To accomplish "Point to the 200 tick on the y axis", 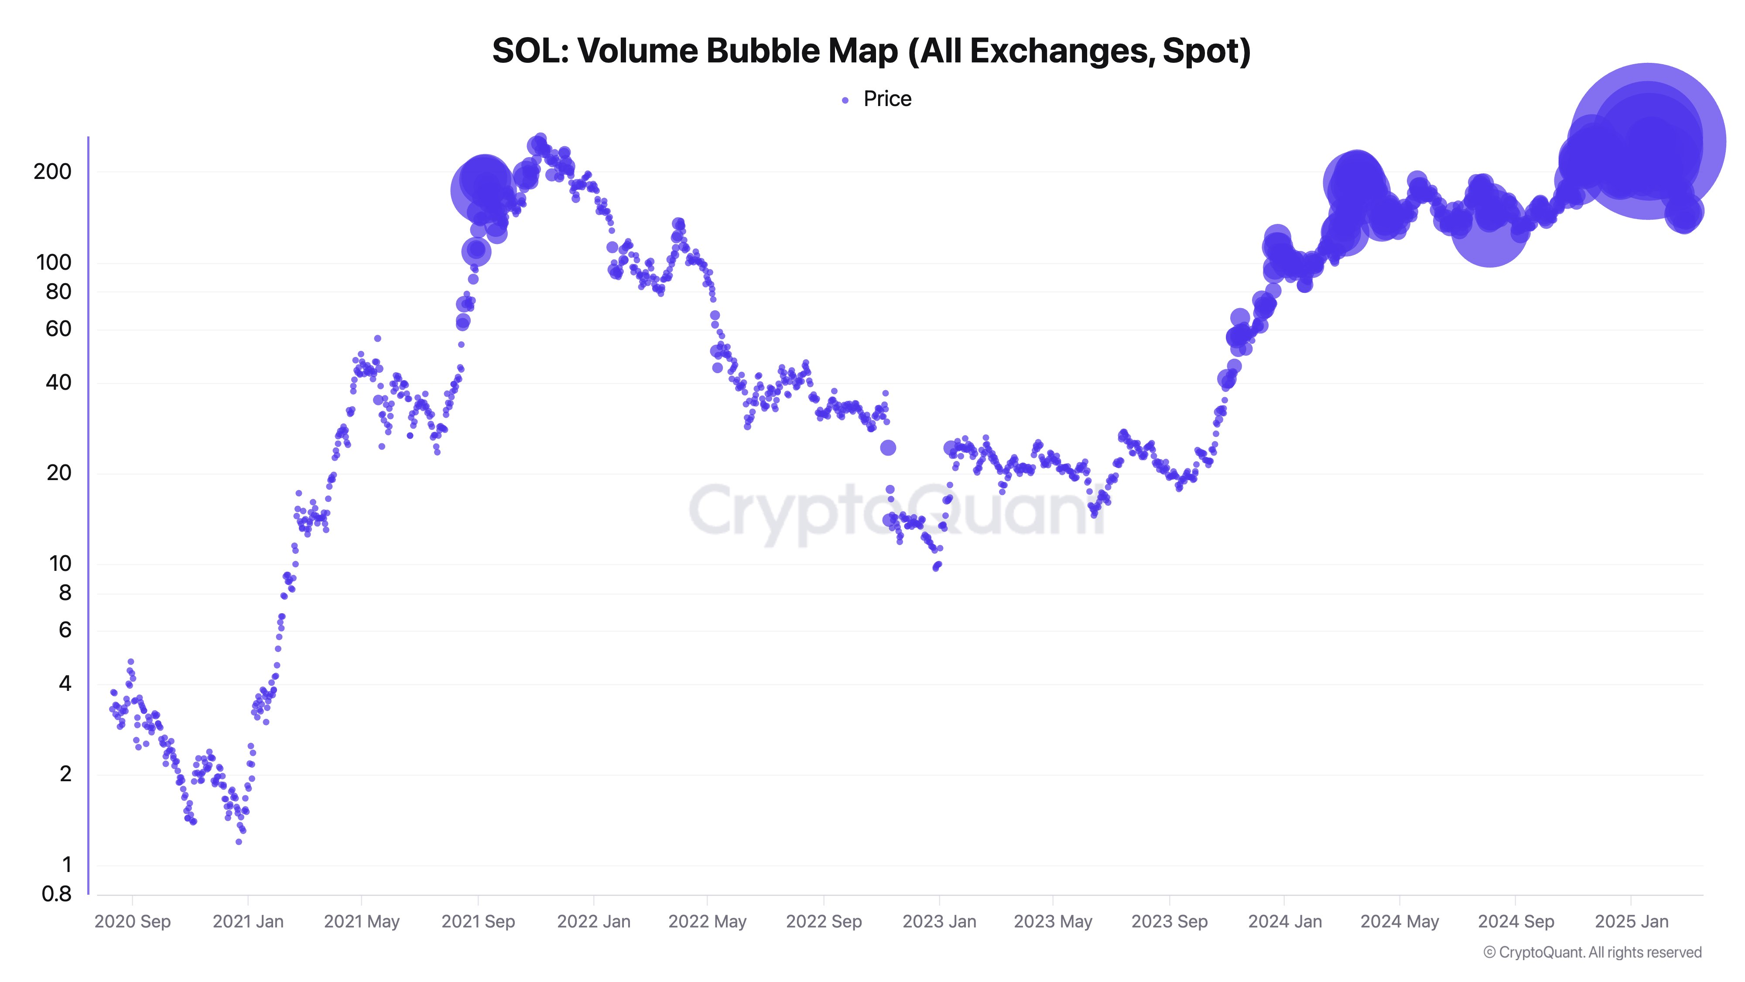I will click(x=52, y=172).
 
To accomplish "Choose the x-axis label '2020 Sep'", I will click(x=132, y=922).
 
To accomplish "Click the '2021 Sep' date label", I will click(x=478, y=922).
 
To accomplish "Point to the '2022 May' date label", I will click(x=707, y=922).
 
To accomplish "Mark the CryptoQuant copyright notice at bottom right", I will click(x=1592, y=952).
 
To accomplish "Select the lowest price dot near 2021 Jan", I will click(x=239, y=842).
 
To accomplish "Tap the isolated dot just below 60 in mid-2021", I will click(x=377, y=338).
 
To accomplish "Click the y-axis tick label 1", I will click(x=66, y=865).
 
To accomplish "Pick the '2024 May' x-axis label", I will click(x=1399, y=922).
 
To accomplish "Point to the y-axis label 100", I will click(x=54, y=262).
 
